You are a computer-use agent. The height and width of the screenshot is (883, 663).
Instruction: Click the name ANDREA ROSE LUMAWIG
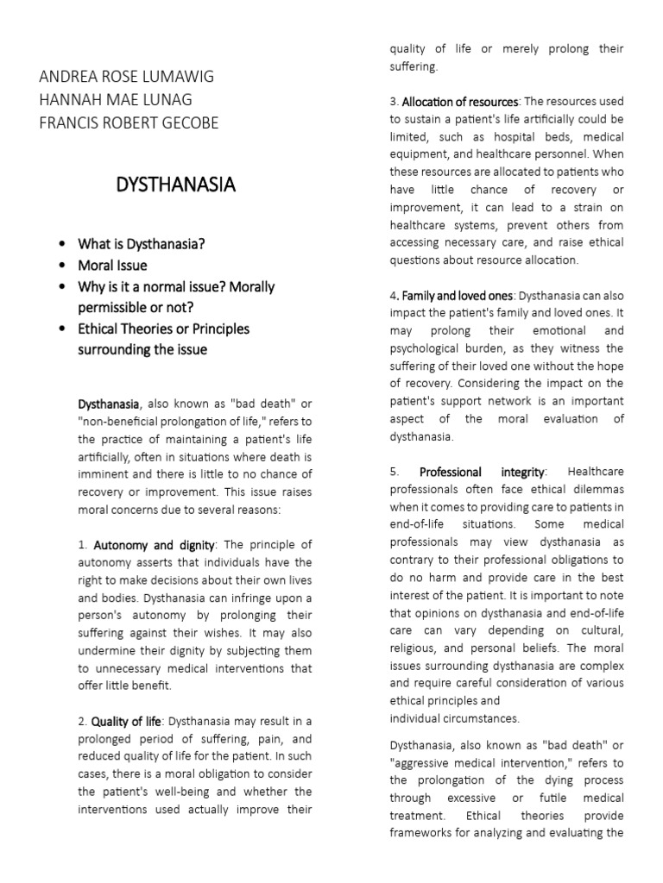coord(126,77)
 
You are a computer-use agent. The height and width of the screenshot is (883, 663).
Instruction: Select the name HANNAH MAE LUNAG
coord(116,100)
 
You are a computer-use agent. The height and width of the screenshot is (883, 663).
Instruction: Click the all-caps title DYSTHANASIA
coord(175,185)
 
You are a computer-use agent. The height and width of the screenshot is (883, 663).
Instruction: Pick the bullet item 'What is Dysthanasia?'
coord(142,244)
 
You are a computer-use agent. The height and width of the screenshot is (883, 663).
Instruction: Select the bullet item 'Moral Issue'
coord(112,266)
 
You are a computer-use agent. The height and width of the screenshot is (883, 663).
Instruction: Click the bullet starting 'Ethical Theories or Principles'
coord(163,329)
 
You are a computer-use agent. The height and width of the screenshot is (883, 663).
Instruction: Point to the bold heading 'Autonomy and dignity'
coord(154,545)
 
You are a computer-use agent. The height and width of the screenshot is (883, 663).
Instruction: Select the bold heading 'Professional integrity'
coord(482,472)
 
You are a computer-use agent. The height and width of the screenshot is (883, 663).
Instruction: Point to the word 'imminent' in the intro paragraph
coord(104,474)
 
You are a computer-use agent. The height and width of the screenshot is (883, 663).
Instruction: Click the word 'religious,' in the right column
coord(418,648)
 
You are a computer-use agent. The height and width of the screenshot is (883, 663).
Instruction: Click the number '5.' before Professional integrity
coord(395,472)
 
